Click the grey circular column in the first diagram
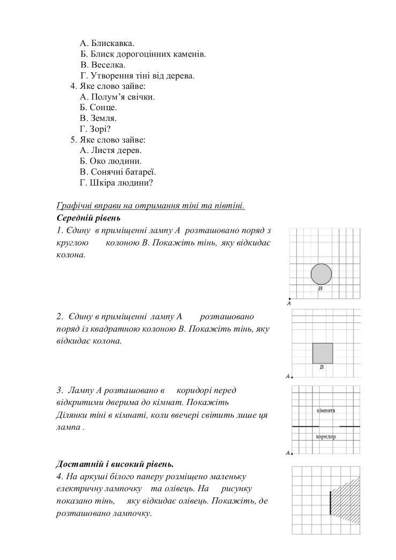pos(321,274)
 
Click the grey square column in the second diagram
pos(323,353)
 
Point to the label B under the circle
pos(320,289)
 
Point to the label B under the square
pos(322,367)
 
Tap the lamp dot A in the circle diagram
pos(290,299)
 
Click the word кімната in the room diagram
pos(325,410)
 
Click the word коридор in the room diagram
pos(325,436)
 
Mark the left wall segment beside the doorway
pos(305,426)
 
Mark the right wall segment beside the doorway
pos(350,426)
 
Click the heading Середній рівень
pos(88,218)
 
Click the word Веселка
pos(108,65)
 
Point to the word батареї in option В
pos(141,172)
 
